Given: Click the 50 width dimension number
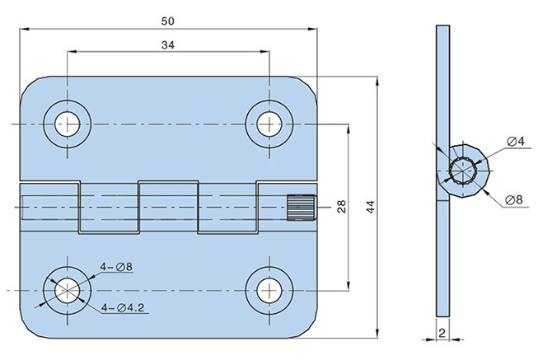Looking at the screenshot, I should point(167,19).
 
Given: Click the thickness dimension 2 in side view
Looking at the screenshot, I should point(442,333).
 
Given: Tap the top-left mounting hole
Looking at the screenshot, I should point(67,124).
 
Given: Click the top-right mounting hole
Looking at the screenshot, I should point(268,124).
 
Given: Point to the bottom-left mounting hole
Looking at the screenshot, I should point(67,289).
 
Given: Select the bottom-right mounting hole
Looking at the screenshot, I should point(268,289).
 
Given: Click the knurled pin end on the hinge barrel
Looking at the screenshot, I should point(302,207).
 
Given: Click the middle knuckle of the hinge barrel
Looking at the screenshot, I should point(168,207).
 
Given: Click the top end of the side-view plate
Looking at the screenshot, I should point(442,30).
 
